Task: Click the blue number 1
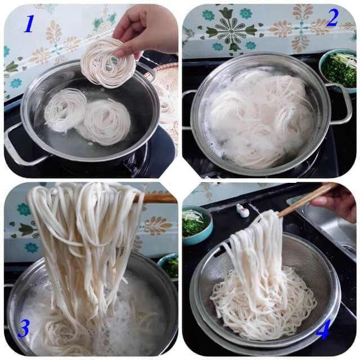click(x=29, y=24)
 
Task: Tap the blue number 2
click(x=332, y=19)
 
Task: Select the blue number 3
click(x=24, y=328)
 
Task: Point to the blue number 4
click(x=323, y=330)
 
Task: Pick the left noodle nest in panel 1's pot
click(x=65, y=110)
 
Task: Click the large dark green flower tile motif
click(x=231, y=29)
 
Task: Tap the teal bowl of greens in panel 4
click(x=197, y=226)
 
